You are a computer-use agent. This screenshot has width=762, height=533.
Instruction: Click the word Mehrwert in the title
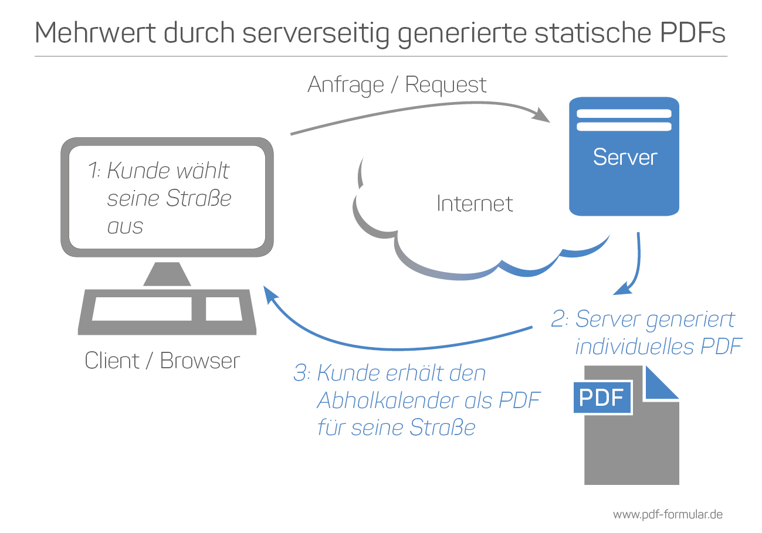(x=95, y=33)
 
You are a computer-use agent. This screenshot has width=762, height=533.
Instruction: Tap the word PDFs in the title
(x=693, y=33)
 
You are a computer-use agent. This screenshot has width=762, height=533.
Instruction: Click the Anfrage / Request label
(x=397, y=85)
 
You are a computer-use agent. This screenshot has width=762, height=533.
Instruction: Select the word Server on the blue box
(x=625, y=157)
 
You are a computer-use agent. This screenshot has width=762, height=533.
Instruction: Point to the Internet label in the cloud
(x=475, y=203)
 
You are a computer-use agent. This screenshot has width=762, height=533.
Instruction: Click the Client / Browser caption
(x=162, y=361)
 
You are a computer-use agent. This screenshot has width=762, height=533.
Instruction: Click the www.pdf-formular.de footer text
(x=668, y=515)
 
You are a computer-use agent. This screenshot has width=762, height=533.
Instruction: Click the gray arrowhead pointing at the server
(x=541, y=115)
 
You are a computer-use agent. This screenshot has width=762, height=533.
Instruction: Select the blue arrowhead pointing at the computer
(x=270, y=294)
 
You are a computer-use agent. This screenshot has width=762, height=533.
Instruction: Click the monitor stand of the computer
(x=167, y=274)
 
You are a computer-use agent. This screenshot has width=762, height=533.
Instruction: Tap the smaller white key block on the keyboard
(x=223, y=309)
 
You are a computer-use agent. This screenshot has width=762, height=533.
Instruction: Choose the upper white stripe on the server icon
(x=624, y=114)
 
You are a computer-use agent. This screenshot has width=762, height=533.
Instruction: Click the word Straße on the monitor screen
(x=199, y=198)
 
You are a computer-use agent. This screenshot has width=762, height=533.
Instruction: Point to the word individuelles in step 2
(x=634, y=347)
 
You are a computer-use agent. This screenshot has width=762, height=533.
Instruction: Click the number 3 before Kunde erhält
(x=300, y=373)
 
